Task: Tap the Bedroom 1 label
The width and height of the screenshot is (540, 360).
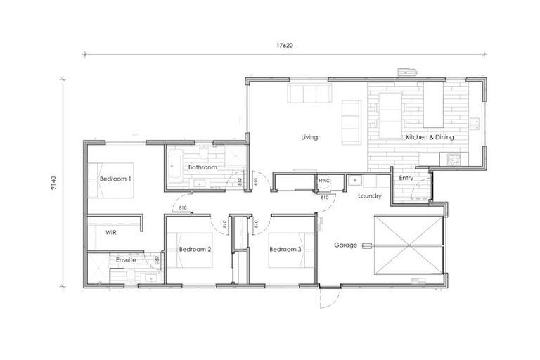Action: click(x=115, y=179)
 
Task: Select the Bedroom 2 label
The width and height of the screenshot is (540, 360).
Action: click(x=195, y=249)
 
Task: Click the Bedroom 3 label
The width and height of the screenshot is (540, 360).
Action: click(x=285, y=249)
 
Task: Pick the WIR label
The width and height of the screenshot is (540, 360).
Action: click(x=111, y=231)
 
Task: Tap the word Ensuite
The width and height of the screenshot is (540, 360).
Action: click(x=127, y=260)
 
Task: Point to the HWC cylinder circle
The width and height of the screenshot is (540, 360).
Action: click(x=324, y=181)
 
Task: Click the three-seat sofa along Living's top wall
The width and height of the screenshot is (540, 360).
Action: click(x=309, y=94)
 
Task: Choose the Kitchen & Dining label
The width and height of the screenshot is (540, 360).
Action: click(x=428, y=137)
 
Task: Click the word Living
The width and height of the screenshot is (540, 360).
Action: click(x=309, y=137)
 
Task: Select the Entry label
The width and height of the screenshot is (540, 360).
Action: click(x=406, y=178)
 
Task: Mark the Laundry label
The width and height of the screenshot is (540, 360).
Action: click(x=368, y=196)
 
